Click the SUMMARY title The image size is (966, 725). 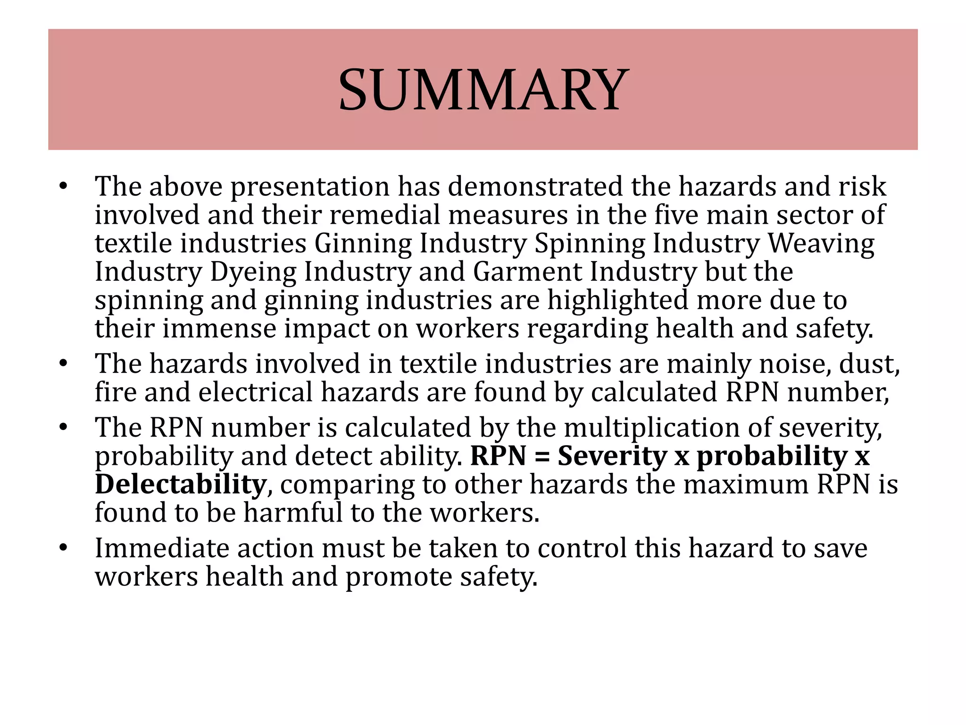[x=483, y=90]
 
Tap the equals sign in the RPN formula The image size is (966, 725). [x=541, y=457]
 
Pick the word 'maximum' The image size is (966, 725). [x=746, y=485]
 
